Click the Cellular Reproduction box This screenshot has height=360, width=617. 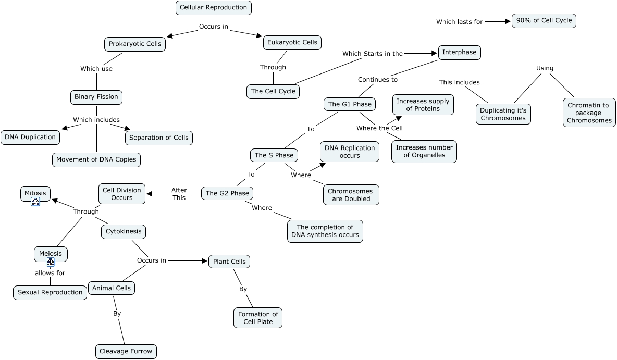[x=213, y=8]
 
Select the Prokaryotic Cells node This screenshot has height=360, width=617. [x=135, y=44]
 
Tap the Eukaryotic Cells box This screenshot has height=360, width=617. [x=292, y=42]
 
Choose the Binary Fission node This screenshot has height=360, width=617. [x=96, y=97]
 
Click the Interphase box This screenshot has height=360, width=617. [x=459, y=52]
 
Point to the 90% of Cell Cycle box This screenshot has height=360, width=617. [x=544, y=21]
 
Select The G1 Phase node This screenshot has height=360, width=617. [x=350, y=104]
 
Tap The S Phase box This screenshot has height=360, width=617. [x=274, y=155]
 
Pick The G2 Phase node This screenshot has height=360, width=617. [x=227, y=193]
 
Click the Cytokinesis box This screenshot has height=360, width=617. [x=123, y=231]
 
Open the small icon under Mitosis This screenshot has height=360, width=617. [x=35, y=202]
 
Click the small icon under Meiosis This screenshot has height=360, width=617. [x=51, y=263]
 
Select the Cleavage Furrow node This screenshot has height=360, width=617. [x=126, y=351]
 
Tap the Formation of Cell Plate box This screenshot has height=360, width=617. [x=258, y=317]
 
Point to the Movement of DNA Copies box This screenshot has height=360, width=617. [x=97, y=159]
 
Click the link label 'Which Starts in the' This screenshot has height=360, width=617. [x=372, y=54]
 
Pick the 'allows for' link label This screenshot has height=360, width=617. [x=50, y=273]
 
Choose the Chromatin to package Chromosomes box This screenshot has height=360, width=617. [x=589, y=113]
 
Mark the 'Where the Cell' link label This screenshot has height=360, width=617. [x=379, y=128]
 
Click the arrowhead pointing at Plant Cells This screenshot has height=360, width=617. [x=205, y=260]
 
